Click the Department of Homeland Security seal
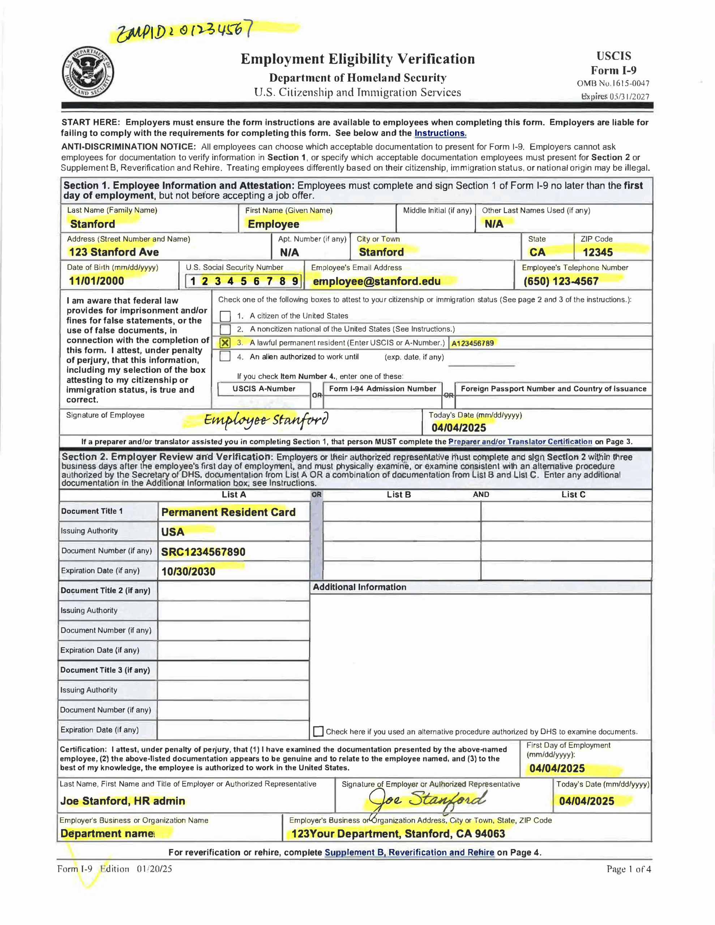pyautogui.click(x=88, y=72)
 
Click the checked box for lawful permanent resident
pyautogui.click(x=226, y=343)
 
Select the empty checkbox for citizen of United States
pyautogui.click(x=226, y=316)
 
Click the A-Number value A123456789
pyautogui.click(x=472, y=343)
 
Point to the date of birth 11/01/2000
pyautogui.click(x=97, y=281)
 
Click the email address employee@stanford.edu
pyautogui.click(x=376, y=281)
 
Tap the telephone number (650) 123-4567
pyautogui.click(x=560, y=281)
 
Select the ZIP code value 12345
pyautogui.click(x=597, y=253)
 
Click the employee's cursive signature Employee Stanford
pyautogui.click(x=266, y=420)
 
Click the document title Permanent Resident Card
pyautogui.click(x=228, y=512)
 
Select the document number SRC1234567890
pyautogui.click(x=203, y=552)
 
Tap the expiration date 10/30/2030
pyautogui.click(x=188, y=571)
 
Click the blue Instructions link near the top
pyautogui.click(x=440, y=133)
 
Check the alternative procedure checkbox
pyautogui.click(x=318, y=731)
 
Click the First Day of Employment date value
pyautogui.click(x=556, y=768)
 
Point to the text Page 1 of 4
pyautogui.click(x=628, y=869)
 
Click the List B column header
pyautogui.click(x=398, y=494)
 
